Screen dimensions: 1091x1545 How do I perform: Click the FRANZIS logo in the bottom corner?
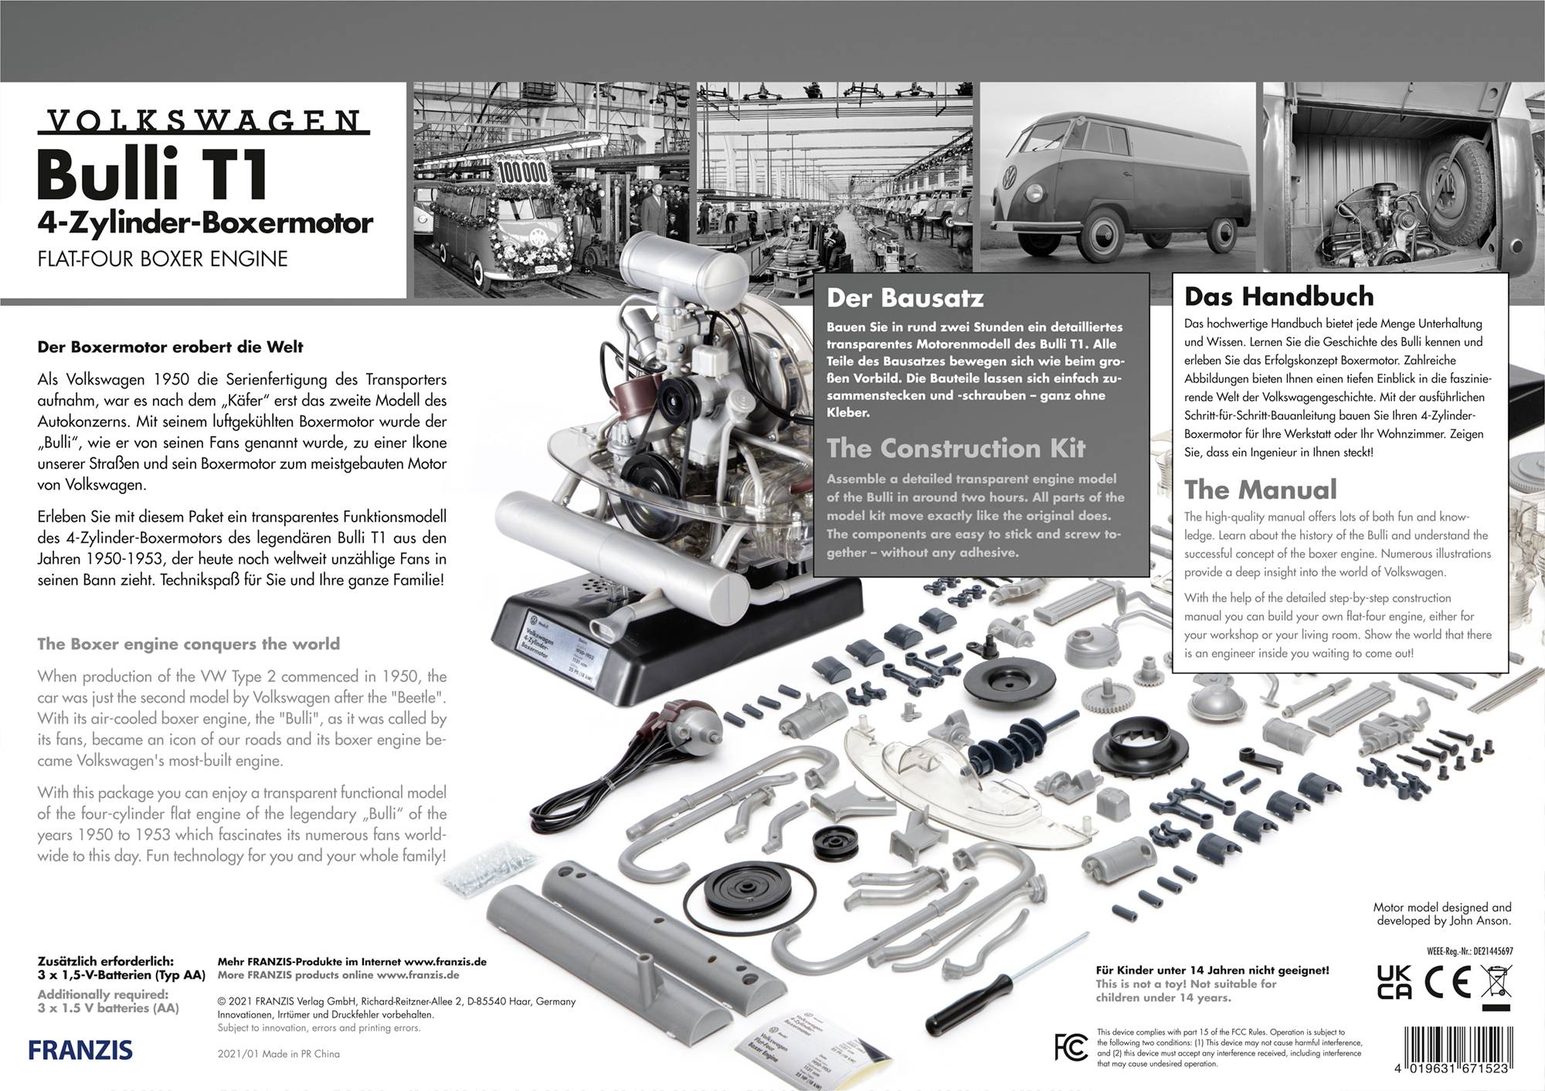(80, 1050)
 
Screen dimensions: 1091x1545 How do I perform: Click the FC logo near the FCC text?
(1071, 1047)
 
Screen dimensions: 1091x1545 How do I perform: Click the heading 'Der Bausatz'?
(905, 298)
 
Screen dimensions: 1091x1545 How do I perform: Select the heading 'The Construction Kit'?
(956, 448)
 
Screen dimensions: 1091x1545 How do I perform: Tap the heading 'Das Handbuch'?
(1278, 296)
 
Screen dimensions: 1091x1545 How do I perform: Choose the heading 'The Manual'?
(1260, 490)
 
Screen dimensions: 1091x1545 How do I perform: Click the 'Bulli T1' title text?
(152, 174)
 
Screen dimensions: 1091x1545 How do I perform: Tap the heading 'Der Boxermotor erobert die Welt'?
(170, 347)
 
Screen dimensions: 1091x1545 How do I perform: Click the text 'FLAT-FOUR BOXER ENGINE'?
(162, 259)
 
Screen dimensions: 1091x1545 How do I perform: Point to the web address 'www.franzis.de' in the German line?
(445, 962)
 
